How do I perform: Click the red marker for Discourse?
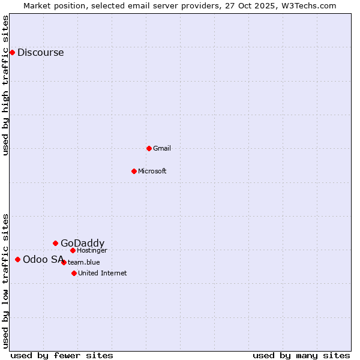point(12,52)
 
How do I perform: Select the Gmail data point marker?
point(149,148)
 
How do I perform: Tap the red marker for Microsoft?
point(134,171)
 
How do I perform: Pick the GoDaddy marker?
point(55,243)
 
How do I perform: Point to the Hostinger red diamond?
point(73,250)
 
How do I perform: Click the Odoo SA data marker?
point(17,259)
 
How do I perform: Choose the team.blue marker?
point(64,262)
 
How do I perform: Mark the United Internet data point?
point(74,273)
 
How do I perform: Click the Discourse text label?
point(40,52)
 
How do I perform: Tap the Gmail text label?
point(162,148)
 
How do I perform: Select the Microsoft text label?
point(152,171)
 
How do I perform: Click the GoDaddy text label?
point(82,243)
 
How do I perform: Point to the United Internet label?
point(103,273)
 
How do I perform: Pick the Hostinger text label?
point(92,250)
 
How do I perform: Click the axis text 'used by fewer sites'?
point(62,355)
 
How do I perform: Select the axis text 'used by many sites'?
point(301,355)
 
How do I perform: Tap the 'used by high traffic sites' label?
point(6,85)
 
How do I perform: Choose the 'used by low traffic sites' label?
point(6,281)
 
